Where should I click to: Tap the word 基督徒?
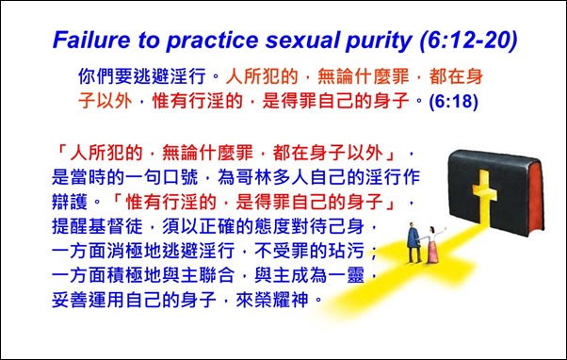pyautogui.click(x=121, y=227)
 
